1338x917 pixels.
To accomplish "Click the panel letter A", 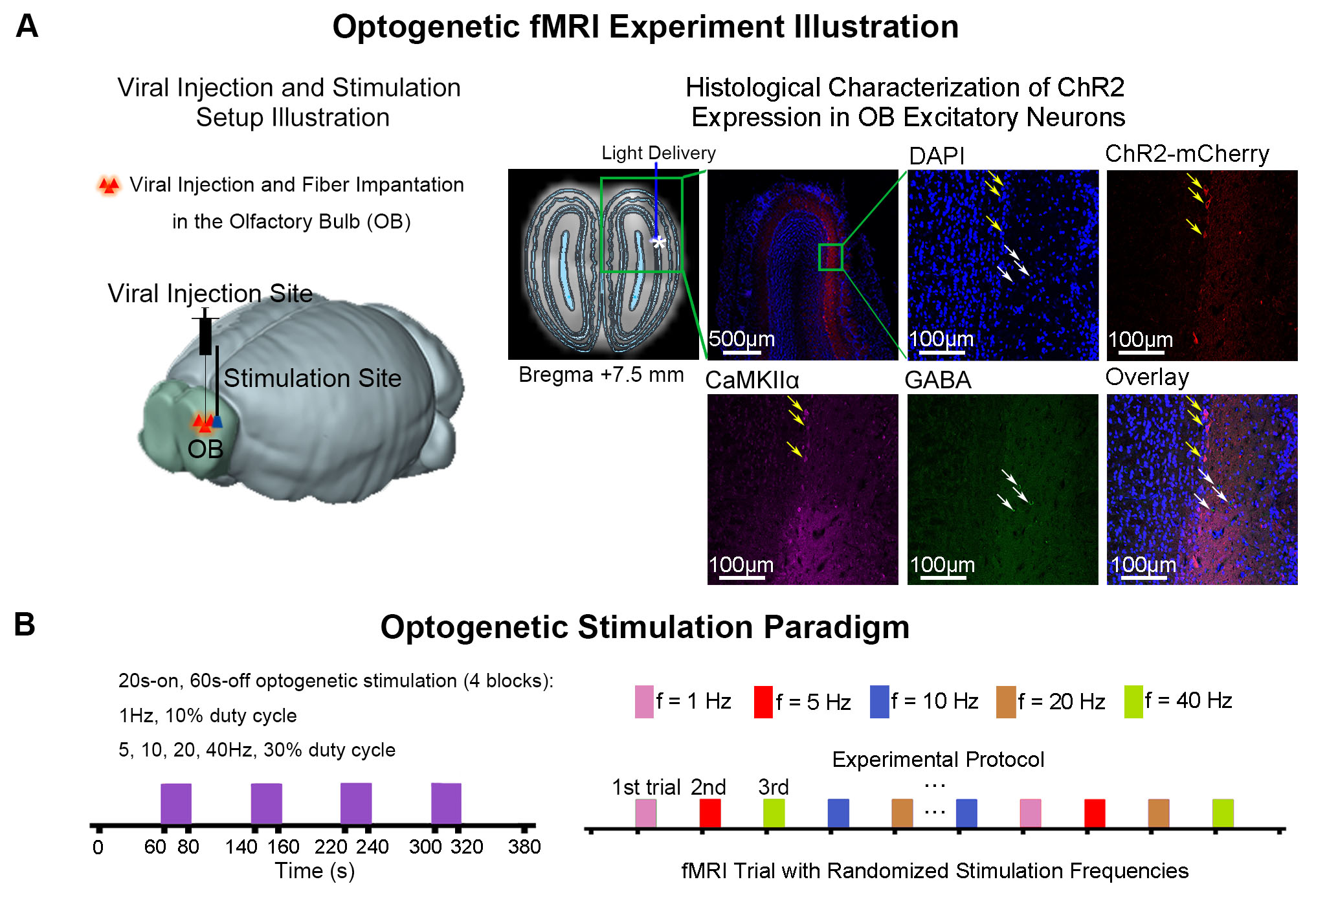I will (27, 27).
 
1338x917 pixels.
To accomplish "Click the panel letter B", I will (25, 625).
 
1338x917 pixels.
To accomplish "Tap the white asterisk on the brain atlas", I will (658, 243).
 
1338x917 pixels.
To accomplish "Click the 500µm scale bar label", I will (741, 338).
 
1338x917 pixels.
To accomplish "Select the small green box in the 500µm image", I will (831, 257).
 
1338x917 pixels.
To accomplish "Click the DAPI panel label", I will (936, 156).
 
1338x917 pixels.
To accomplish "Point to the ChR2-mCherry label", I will (1187, 154).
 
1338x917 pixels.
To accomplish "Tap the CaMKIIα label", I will (752, 380).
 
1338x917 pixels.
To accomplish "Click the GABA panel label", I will (937, 380).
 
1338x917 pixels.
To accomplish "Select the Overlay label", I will (1147, 377).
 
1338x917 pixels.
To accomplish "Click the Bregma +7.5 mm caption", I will (601, 375).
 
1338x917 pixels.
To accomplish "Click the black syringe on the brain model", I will (205, 335).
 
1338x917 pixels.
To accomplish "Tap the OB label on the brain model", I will (205, 449).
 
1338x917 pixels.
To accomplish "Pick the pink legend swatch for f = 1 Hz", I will (644, 702).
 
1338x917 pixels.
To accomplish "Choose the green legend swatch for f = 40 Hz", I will (1133, 702).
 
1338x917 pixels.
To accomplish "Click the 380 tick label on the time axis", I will (524, 846).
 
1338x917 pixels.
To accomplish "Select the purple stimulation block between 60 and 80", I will (176, 804).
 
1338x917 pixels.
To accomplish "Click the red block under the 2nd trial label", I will (709, 813).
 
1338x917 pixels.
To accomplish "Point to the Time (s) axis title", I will (315, 871).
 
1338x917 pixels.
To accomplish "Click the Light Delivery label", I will (658, 153).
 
